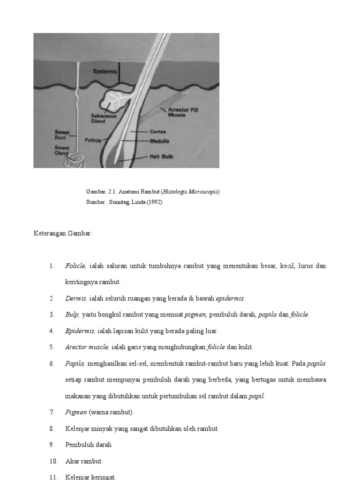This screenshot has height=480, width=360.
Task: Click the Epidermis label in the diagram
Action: [105, 72]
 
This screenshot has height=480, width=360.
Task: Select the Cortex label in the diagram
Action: [158, 132]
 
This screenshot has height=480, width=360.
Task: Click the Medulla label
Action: [159, 141]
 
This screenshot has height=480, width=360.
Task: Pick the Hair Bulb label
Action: [161, 157]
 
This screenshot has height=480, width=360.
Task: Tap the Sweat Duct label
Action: [62, 135]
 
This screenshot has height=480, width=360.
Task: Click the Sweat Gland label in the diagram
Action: [62, 150]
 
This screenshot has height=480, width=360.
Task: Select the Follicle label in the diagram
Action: [93, 140]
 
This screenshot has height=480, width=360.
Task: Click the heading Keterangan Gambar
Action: [63, 233]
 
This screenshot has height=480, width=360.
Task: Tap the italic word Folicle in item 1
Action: [75, 266]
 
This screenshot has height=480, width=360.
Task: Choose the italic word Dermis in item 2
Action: [75, 299]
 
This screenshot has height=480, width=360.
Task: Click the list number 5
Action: [52, 347]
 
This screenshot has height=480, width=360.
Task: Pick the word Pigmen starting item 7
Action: [76, 412]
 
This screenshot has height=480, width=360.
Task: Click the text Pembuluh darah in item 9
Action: [89, 445]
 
